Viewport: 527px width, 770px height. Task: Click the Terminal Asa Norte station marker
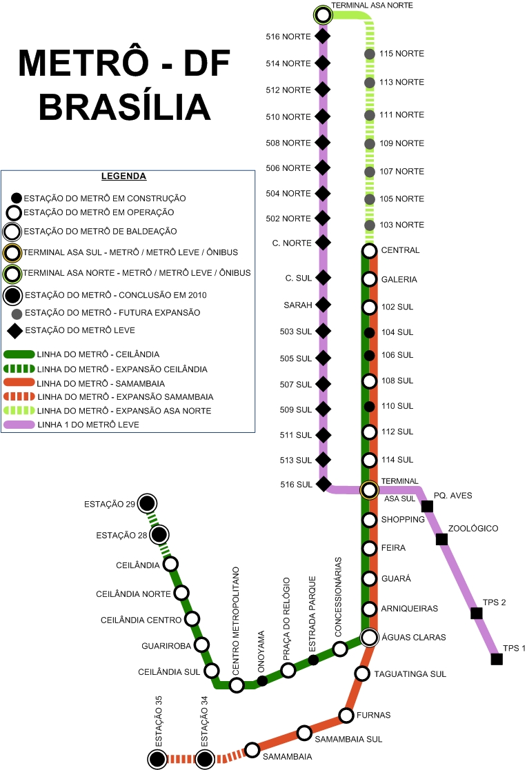pos(323,14)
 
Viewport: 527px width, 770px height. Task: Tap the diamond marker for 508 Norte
pos(322,143)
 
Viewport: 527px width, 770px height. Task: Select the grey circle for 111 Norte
pos(370,114)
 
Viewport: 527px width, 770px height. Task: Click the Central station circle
pos(369,250)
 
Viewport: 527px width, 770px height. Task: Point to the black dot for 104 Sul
pos(369,333)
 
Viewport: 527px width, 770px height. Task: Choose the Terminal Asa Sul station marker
pos(370,489)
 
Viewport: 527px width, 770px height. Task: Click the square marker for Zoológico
pos(442,539)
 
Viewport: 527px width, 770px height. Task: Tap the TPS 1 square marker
pos(496,659)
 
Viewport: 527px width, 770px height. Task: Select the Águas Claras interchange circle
pos(370,636)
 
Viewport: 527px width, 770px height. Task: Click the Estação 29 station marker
pos(146,504)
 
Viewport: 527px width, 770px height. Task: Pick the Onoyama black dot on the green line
pos(262,681)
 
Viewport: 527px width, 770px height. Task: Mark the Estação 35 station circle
pos(157,759)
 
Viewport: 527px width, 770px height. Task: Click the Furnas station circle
pos(346,715)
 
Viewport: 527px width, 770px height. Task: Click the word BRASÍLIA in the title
pos(125,106)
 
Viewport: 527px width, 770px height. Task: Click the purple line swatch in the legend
pos(19,425)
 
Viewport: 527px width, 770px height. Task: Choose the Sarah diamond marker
pos(322,305)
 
